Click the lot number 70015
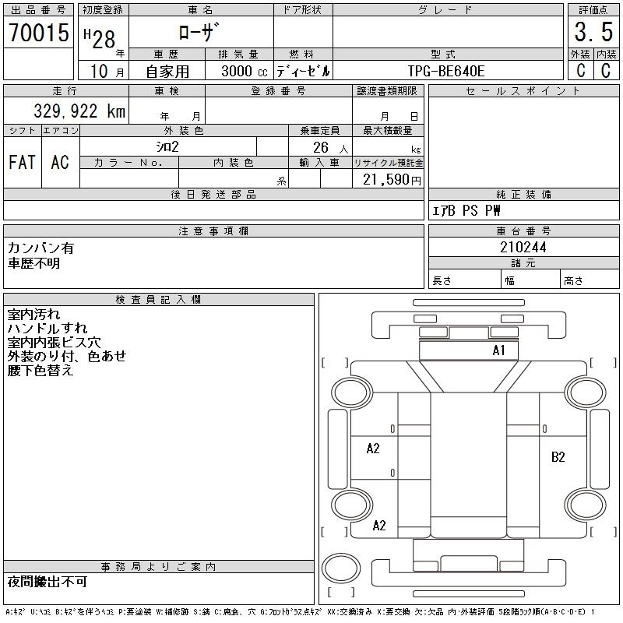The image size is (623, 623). click(x=39, y=32)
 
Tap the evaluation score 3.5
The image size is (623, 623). click(x=593, y=32)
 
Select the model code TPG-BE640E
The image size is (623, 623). click(x=446, y=71)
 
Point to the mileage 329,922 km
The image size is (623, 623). click(x=79, y=111)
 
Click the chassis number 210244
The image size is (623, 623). click(x=523, y=247)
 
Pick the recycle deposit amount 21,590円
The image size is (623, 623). click(x=392, y=180)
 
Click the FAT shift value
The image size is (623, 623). click(x=23, y=162)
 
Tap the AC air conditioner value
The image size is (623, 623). click(x=60, y=162)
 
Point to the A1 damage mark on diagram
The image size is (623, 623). click(x=498, y=350)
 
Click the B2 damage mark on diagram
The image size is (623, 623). click(x=558, y=457)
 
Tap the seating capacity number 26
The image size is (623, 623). click(x=321, y=147)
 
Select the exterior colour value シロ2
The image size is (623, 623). click(x=167, y=146)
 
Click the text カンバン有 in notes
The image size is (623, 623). click(x=40, y=248)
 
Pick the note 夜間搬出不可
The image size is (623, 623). click(x=48, y=582)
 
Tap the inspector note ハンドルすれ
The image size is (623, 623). click(x=48, y=328)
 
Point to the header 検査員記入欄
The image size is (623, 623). click(x=159, y=299)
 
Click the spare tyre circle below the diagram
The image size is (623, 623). click(x=341, y=568)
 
